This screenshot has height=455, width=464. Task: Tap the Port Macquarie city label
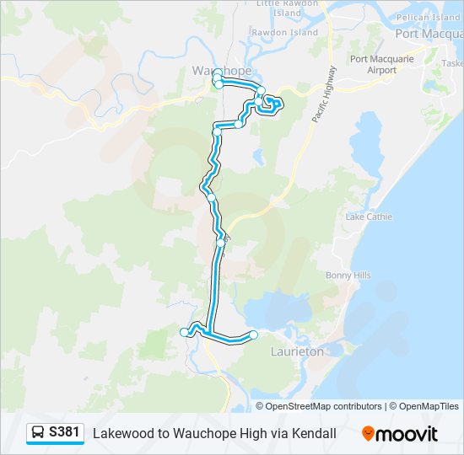428,34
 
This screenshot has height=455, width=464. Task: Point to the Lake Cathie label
369,217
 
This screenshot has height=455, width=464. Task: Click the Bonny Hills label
348,276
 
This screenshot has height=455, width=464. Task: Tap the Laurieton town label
296,351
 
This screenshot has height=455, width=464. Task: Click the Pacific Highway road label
323,95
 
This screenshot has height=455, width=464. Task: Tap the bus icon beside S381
38,433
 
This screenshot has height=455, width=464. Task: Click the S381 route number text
65,433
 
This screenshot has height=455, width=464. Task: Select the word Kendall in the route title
312,433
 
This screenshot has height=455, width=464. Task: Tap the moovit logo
400,434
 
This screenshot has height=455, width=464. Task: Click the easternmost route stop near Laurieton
253,335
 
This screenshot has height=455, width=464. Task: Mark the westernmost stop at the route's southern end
184,333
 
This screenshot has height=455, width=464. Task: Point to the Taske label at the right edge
452,64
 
